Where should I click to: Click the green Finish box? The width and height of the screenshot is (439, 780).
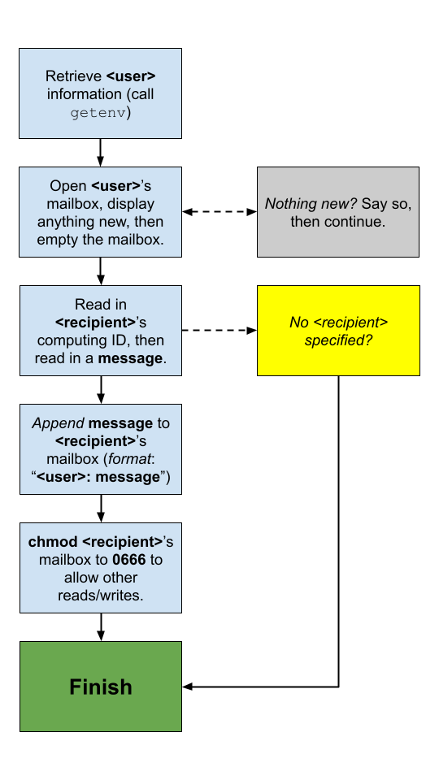(101, 687)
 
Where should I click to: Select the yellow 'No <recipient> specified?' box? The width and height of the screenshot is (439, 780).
(338, 331)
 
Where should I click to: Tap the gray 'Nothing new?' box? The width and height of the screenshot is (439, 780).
(338, 212)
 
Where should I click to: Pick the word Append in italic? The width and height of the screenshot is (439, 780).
(58, 423)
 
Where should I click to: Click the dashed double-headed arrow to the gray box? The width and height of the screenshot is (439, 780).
(219, 212)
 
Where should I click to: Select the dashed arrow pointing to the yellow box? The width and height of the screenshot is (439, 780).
(219, 331)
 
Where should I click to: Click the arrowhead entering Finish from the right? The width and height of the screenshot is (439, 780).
(188, 687)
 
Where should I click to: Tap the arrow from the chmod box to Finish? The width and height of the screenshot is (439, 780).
(101, 626)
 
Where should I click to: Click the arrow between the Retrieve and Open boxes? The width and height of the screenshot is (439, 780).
(101, 152)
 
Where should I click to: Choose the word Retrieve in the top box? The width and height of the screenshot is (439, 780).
(74, 76)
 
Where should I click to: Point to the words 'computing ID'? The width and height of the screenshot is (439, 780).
(97, 340)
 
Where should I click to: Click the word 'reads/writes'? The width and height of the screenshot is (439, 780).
(101, 596)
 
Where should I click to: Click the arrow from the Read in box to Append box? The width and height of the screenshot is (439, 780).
(101, 389)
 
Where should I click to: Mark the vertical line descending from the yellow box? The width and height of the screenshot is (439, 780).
(338, 528)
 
